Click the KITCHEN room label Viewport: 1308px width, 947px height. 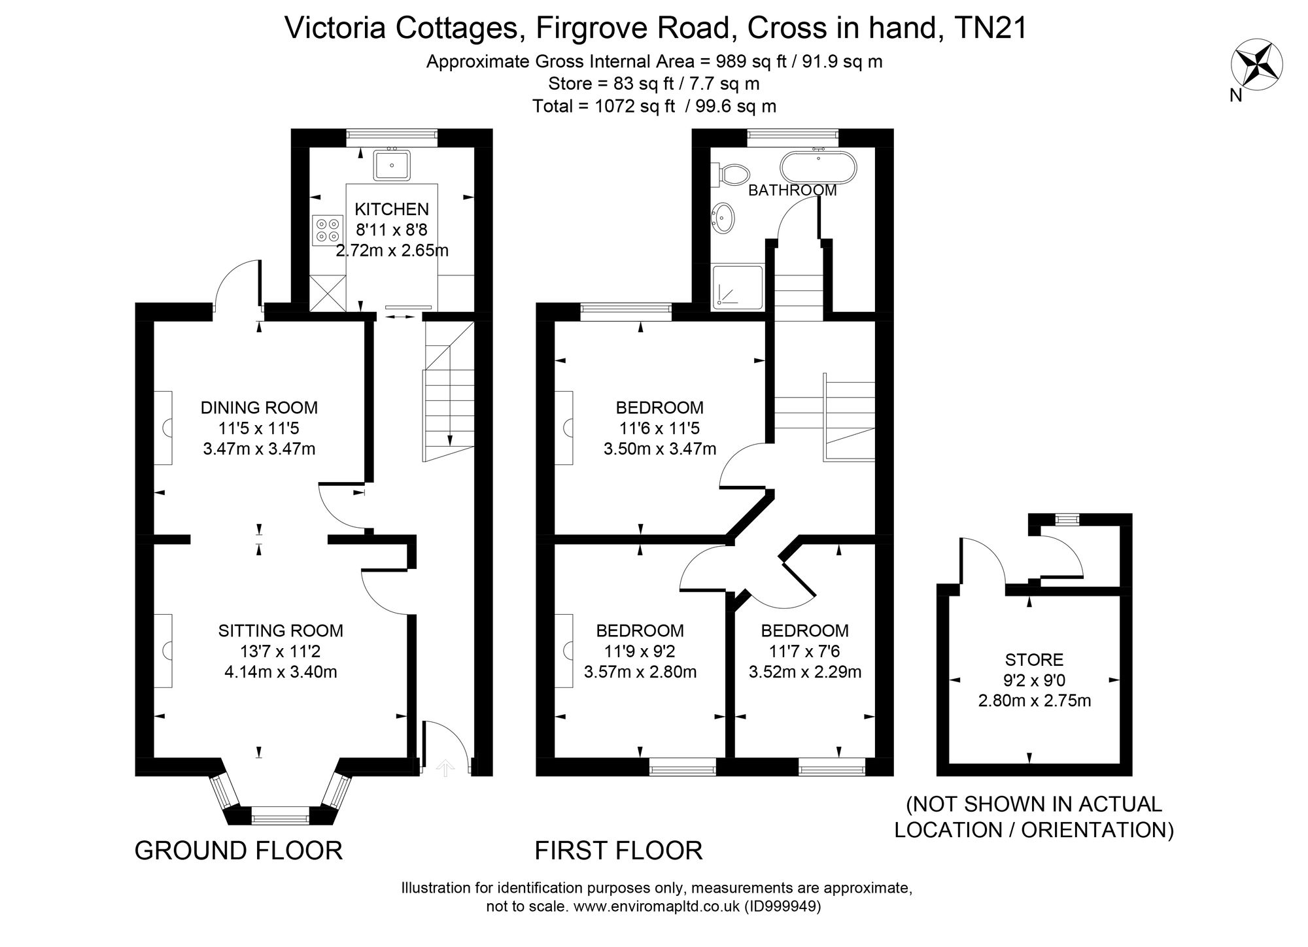392,209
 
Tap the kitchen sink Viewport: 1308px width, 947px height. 392,165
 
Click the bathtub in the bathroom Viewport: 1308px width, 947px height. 818,168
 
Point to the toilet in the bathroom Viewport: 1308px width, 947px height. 733,175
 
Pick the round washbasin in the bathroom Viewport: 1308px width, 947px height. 723,217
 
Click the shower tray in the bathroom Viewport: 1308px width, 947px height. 738,286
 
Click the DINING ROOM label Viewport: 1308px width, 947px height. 259,407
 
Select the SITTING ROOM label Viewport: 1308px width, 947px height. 281,630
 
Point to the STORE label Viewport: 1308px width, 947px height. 1035,660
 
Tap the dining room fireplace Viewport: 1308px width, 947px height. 163,428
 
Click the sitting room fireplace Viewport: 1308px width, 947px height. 163,651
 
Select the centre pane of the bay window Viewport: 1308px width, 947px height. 280,815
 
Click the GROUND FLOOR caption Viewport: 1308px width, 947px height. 238,851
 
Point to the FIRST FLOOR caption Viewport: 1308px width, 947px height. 618,851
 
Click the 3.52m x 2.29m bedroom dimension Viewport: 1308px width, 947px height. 804,672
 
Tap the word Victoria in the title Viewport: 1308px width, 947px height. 338,28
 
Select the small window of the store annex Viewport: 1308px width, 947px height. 1067,519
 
